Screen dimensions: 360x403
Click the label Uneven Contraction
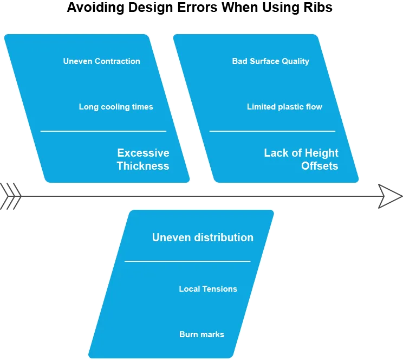point(101,61)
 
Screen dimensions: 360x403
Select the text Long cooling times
point(116,107)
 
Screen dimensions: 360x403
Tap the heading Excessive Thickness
point(143,159)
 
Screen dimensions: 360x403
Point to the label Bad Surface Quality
point(270,61)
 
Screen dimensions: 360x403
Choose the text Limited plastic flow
point(284,107)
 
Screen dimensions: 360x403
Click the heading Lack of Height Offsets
point(301,159)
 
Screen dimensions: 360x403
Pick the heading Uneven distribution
point(203,237)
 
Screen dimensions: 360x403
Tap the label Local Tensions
point(208,289)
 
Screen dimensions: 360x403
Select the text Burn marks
point(201,335)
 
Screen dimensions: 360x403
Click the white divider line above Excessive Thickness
point(103,131)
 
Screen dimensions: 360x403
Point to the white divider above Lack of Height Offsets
point(272,131)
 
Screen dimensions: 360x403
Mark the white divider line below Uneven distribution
point(187,261)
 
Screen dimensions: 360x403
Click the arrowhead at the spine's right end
point(391,196)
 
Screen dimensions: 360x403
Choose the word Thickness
point(143,166)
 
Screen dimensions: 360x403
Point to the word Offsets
point(320,166)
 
